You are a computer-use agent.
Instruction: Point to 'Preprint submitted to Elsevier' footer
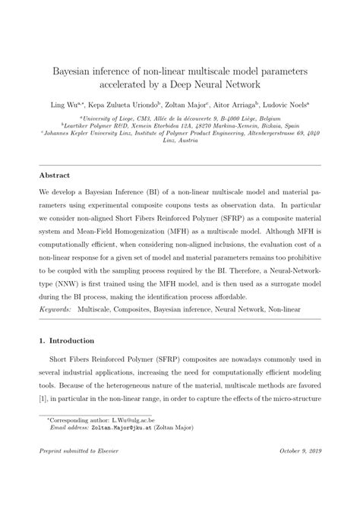[x=78, y=473]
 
